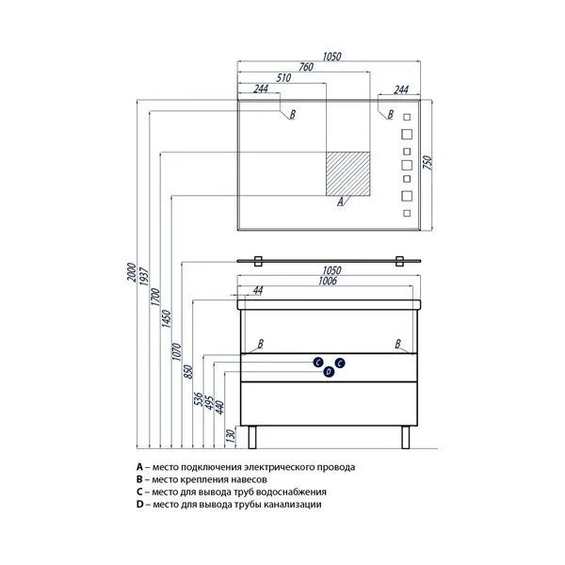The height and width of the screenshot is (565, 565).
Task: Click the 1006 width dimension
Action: click(x=330, y=280)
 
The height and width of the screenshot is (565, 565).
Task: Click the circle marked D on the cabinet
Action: click(x=329, y=373)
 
